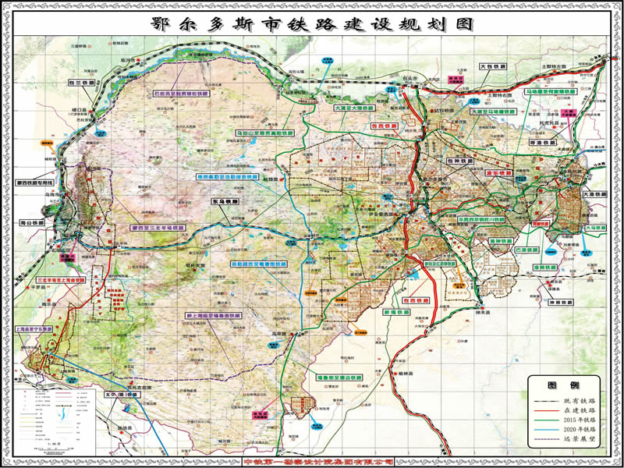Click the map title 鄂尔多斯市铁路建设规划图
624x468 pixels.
[312, 23]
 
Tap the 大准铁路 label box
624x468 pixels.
[593, 193]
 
